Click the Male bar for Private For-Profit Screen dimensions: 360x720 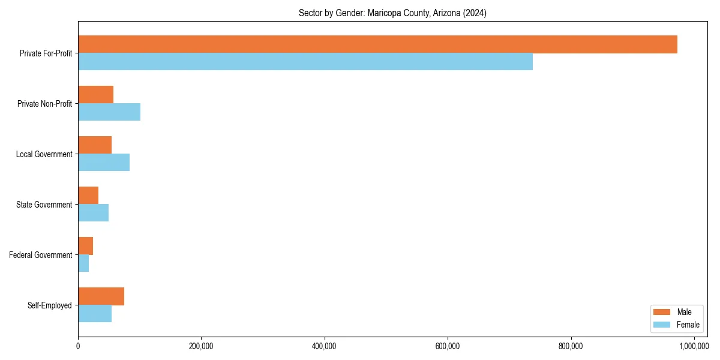click(377, 44)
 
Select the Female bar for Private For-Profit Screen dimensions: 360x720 click(305, 62)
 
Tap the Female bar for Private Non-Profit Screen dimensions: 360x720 click(109, 112)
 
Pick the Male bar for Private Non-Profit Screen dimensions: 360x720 click(95, 95)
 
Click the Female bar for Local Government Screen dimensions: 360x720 click(104, 163)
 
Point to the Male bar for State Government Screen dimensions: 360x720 click(88, 196)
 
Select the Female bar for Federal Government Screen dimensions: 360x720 click(83, 263)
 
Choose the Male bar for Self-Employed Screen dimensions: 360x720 click(101, 296)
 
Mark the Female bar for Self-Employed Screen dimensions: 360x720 click(95, 314)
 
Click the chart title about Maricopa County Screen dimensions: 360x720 click(392, 13)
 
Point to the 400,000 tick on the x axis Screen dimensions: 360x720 click(325, 346)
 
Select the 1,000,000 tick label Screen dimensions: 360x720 click(694, 346)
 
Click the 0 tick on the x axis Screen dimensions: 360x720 click(78, 346)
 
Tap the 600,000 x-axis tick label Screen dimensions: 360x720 click(448, 346)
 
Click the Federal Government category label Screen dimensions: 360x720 click(41, 255)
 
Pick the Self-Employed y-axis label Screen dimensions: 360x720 click(50, 305)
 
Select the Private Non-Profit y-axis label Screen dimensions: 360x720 click(44, 104)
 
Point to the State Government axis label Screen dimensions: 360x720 click(44, 205)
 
